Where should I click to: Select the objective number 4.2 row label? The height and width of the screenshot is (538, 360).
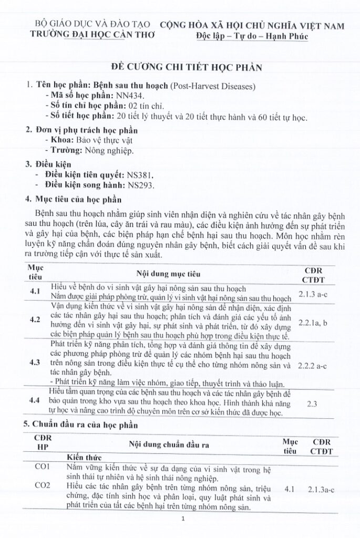pyautogui.click(x=35, y=319)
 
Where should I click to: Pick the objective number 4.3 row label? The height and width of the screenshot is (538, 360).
pyautogui.click(x=35, y=363)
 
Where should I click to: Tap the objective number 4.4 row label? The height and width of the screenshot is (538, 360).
pyautogui.click(x=35, y=401)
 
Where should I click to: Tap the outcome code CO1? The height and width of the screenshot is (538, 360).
pyautogui.click(x=42, y=467)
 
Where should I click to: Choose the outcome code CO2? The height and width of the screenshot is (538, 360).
pyautogui.click(x=42, y=485)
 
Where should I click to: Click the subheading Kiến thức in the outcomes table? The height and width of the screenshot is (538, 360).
pyautogui.click(x=84, y=457)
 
